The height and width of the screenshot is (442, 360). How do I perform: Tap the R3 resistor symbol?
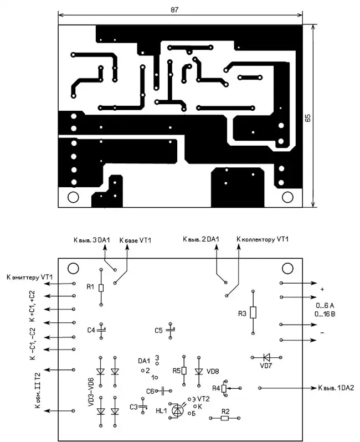coord(253,312)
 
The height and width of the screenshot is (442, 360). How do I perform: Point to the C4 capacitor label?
coord(91,330)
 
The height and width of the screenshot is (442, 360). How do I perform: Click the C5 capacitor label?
coord(159,330)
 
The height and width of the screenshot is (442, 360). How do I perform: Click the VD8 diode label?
coord(212,371)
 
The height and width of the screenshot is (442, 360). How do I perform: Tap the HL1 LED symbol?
coord(177,410)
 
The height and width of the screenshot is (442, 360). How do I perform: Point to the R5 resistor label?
coord(176,371)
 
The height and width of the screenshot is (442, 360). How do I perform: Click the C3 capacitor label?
coord(133,407)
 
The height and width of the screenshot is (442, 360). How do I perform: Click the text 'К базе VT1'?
coord(135,240)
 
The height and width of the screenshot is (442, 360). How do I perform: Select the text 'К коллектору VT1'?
coord(263,239)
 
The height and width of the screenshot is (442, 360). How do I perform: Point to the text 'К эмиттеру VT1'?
coord(29,276)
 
